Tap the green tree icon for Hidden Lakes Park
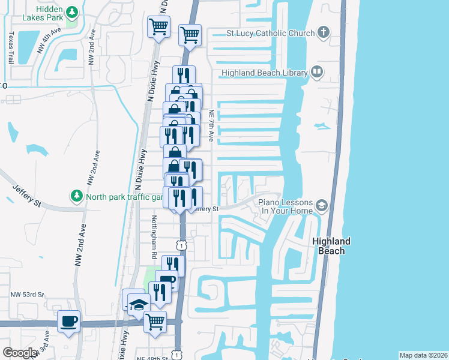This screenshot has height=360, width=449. pos(72,12)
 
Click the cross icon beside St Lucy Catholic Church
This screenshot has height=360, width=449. pos(323,32)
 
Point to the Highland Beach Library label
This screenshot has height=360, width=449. pos(264,73)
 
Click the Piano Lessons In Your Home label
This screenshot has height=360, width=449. pos(286,206)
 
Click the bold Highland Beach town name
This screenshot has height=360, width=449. pos(331,246)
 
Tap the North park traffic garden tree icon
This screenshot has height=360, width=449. pos(76,196)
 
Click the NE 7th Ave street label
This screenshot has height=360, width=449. pos(211,125)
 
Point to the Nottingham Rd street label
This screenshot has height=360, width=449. pos(154,236)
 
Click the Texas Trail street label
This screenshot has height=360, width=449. pos(11,48)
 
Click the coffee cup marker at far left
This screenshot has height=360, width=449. pos(68,320)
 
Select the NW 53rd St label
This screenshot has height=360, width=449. pos(27,295)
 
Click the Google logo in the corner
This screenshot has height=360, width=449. pos(20,353)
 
